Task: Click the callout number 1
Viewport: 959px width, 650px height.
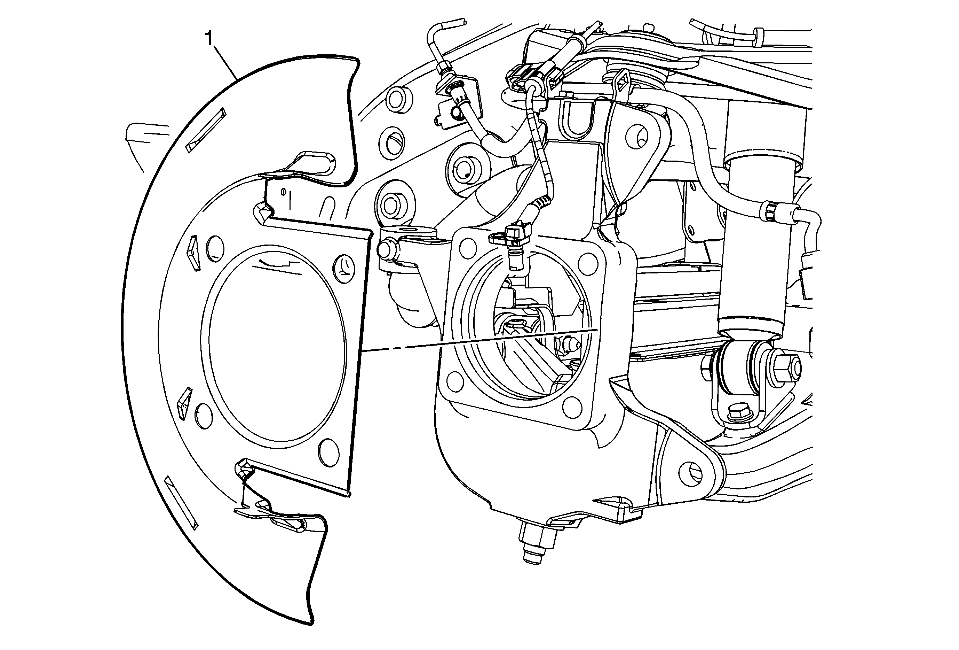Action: point(209,39)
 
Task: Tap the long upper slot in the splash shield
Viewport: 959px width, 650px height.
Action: point(206,130)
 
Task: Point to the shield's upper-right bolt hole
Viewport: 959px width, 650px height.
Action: point(344,269)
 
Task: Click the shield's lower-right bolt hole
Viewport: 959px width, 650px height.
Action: point(329,452)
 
